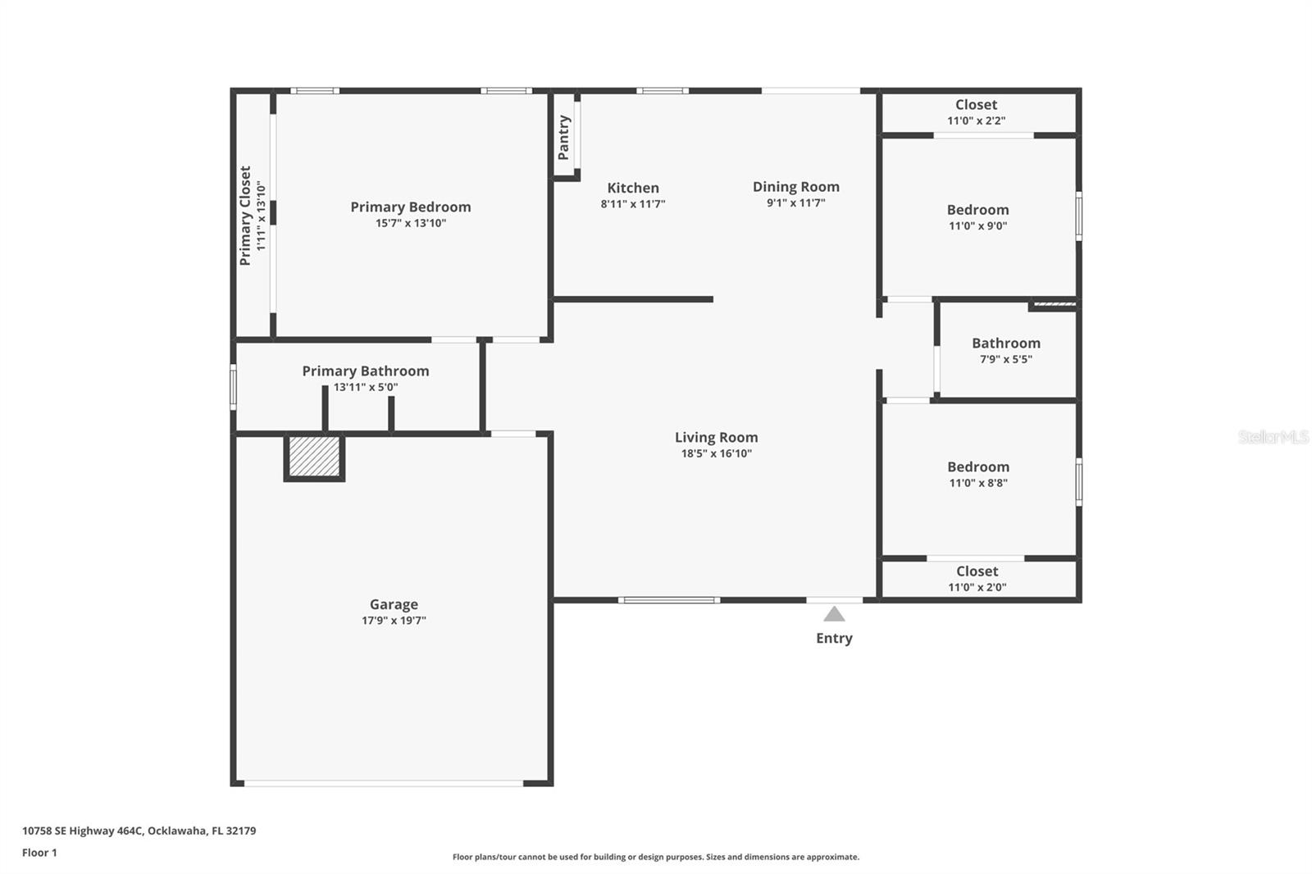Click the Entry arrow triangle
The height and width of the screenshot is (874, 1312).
point(834,614)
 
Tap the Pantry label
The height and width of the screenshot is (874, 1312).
point(563,137)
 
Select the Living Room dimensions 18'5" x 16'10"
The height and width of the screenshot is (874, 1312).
point(716,453)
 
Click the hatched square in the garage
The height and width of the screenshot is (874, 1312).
point(314,456)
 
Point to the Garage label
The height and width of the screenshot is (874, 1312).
point(394,604)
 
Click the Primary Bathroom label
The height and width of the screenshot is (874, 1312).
point(365,371)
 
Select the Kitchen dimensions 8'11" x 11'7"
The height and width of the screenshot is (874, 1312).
point(632,204)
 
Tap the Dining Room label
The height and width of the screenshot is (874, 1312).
point(795,187)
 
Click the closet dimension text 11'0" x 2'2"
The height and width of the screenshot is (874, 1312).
point(976,121)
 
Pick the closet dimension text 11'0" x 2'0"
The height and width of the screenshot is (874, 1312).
point(977,587)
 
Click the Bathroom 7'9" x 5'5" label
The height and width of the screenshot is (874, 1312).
point(1005,344)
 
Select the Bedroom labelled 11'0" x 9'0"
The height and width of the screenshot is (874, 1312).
point(977,210)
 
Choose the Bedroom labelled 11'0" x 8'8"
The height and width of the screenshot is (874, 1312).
point(977,467)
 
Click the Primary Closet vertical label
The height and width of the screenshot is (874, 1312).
point(245,216)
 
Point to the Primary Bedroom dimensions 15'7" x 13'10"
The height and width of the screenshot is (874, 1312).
point(410,223)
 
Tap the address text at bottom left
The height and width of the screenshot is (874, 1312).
point(139,831)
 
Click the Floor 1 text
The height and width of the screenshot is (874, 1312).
point(39,853)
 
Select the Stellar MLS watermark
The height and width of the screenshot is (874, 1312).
point(1273,437)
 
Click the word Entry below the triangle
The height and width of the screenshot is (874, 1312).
point(834,638)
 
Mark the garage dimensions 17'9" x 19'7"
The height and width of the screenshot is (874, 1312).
point(394,621)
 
